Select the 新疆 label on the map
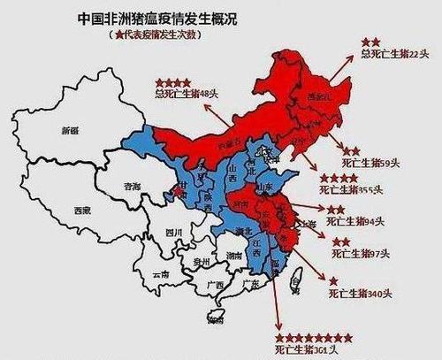pyautogui.click(x=70, y=131)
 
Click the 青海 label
pyautogui.click(x=133, y=188)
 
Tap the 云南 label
pyautogui.click(x=159, y=275)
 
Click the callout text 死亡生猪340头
pyautogui.click(x=359, y=294)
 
